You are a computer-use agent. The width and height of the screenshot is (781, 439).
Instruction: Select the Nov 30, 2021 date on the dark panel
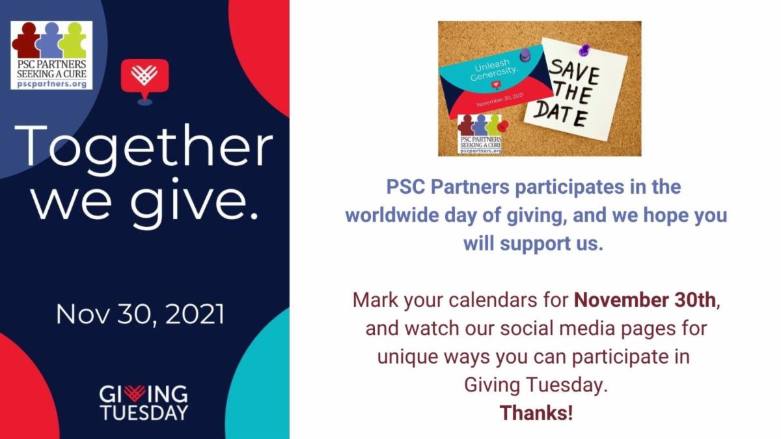140,314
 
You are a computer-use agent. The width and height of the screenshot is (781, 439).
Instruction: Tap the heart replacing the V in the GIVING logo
134,393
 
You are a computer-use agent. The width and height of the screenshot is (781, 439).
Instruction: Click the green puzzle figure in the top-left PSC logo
73,39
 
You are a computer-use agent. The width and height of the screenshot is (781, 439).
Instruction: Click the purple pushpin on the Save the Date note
583,49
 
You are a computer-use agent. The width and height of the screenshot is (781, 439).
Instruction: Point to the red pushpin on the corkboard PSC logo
503,125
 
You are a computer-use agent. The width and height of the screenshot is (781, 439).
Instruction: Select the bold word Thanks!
536,412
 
